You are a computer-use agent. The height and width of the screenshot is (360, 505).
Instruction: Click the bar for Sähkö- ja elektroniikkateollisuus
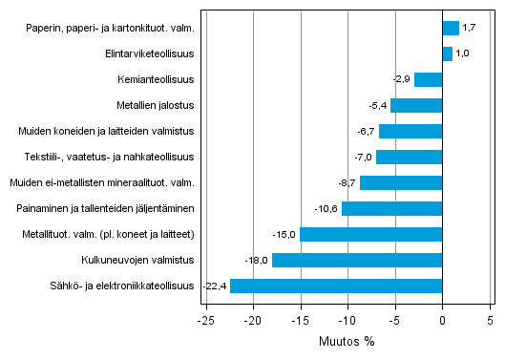(336, 286)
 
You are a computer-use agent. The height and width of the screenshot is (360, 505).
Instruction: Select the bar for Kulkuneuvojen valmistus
(357, 260)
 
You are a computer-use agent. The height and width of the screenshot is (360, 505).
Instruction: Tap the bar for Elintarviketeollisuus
(447, 53)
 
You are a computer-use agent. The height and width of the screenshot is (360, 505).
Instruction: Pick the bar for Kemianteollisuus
(429, 79)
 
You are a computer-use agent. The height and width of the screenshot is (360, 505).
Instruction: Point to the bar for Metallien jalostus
(416, 105)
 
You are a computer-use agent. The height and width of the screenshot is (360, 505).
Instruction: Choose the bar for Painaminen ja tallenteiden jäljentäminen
(391, 208)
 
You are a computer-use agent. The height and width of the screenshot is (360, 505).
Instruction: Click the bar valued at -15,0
(371, 234)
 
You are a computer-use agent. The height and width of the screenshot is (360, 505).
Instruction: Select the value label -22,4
(214, 286)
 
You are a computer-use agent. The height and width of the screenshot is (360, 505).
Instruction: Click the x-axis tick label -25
(204, 321)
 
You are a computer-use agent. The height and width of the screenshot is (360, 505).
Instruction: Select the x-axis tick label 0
(442, 321)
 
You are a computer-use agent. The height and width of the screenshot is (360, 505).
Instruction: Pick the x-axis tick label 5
(490, 321)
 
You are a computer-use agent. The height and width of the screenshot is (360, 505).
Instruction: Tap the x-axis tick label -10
(346, 321)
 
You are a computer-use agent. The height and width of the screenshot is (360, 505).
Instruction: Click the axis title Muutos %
(347, 342)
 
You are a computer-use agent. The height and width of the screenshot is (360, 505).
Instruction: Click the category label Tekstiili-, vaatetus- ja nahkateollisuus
(110, 157)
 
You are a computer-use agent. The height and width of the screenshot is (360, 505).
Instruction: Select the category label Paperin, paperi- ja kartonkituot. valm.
(111, 28)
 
